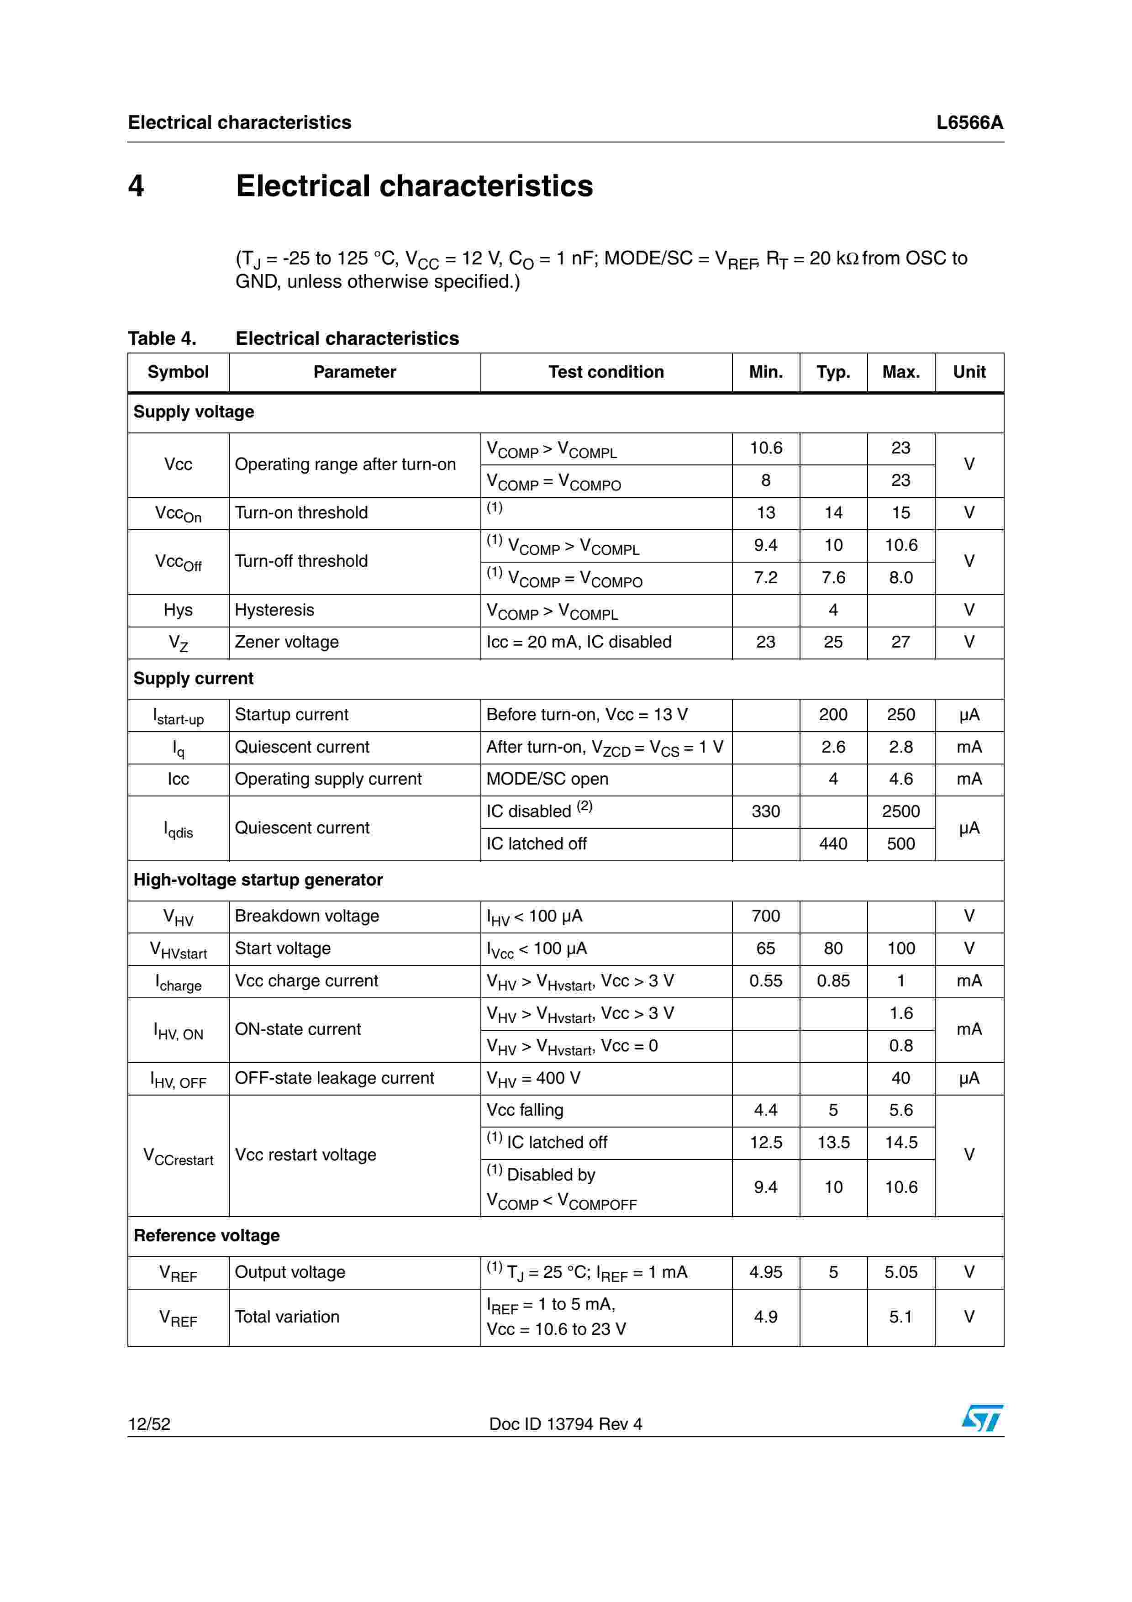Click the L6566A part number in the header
point(969,123)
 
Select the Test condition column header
point(605,372)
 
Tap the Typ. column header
point(833,372)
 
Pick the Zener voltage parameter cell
point(287,642)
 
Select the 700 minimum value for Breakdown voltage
point(765,916)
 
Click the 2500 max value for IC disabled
point(900,811)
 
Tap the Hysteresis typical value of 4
point(833,610)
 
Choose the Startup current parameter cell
point(291,715)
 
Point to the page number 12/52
point(149,1424)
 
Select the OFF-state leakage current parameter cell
point(334,1078)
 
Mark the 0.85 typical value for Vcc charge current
point(833,980)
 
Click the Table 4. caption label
point(162,338)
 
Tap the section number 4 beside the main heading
point(136,185)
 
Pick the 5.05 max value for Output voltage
point(900,1272)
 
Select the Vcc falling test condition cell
point(525,1110)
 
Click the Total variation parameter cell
point(287,1317)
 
